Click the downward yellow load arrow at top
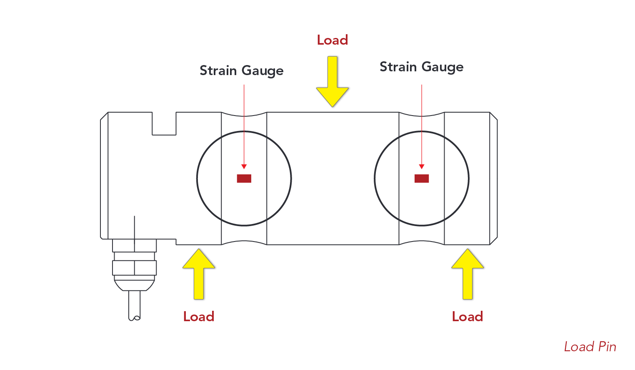pos(332,83)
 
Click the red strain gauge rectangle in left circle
pos(244,179)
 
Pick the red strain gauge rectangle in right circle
pos(422,179)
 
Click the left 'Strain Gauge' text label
pos(241,70)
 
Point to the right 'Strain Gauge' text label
pos(421,67)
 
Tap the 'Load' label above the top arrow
pos(332,40)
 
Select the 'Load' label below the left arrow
pos(199,317)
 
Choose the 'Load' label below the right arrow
pos(467,317)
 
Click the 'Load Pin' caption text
pos(590,347)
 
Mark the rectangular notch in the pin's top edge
pos(164,123)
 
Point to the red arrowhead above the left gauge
pos(244,166)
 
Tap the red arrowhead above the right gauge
pos(422,166)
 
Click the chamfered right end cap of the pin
pos(493,179)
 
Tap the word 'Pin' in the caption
pos(607,347)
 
